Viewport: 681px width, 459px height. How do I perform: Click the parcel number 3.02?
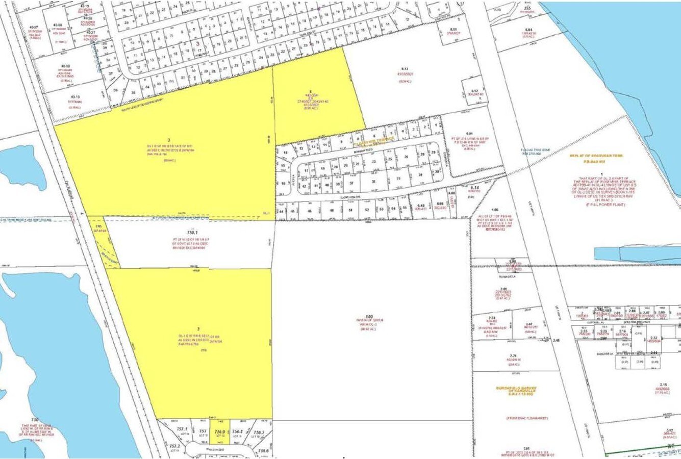point(670,431)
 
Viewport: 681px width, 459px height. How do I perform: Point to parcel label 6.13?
point(406,68)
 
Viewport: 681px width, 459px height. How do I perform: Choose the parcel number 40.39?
point(65,66)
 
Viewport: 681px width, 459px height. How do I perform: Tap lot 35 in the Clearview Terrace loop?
point(374,181)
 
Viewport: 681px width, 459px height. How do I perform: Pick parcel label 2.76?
point(513,356)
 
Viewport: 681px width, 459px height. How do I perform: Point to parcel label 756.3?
point(259,432)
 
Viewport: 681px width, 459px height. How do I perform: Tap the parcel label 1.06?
point(494,210)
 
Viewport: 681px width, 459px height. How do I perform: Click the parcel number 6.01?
point(470,134)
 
